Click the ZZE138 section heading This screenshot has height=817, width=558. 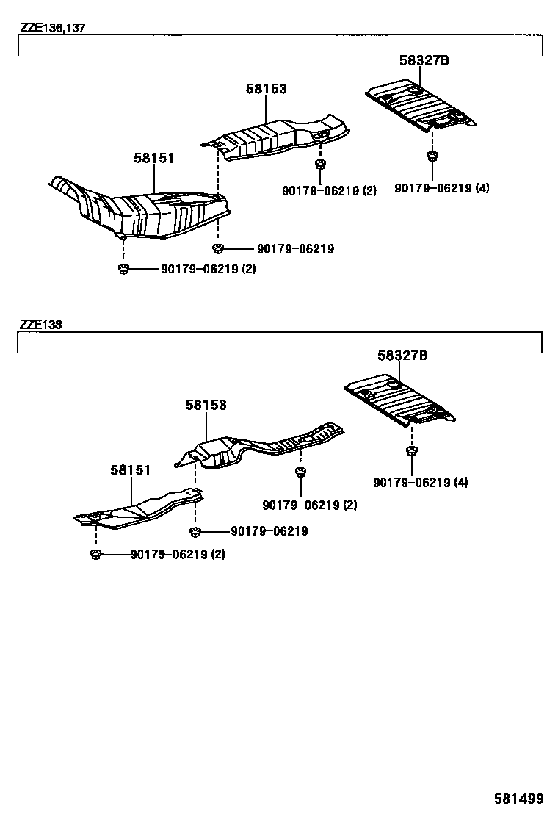click(40, 324)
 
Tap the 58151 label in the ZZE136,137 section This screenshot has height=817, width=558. click(154, 158)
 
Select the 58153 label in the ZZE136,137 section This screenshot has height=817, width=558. click(266, 89)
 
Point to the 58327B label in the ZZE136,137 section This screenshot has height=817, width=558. click(424, 61)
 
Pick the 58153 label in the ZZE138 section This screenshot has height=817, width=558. click(206, 405)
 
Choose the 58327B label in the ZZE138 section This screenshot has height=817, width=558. click(402, 356)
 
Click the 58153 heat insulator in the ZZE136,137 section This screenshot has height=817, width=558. click(279, 138)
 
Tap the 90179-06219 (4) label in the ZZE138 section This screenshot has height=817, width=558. click(420, 483)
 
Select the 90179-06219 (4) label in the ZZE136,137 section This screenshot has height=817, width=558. click(441, 188)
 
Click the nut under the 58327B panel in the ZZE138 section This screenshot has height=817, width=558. click(411, 450)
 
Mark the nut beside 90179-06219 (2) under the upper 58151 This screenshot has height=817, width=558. click(123, 269)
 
